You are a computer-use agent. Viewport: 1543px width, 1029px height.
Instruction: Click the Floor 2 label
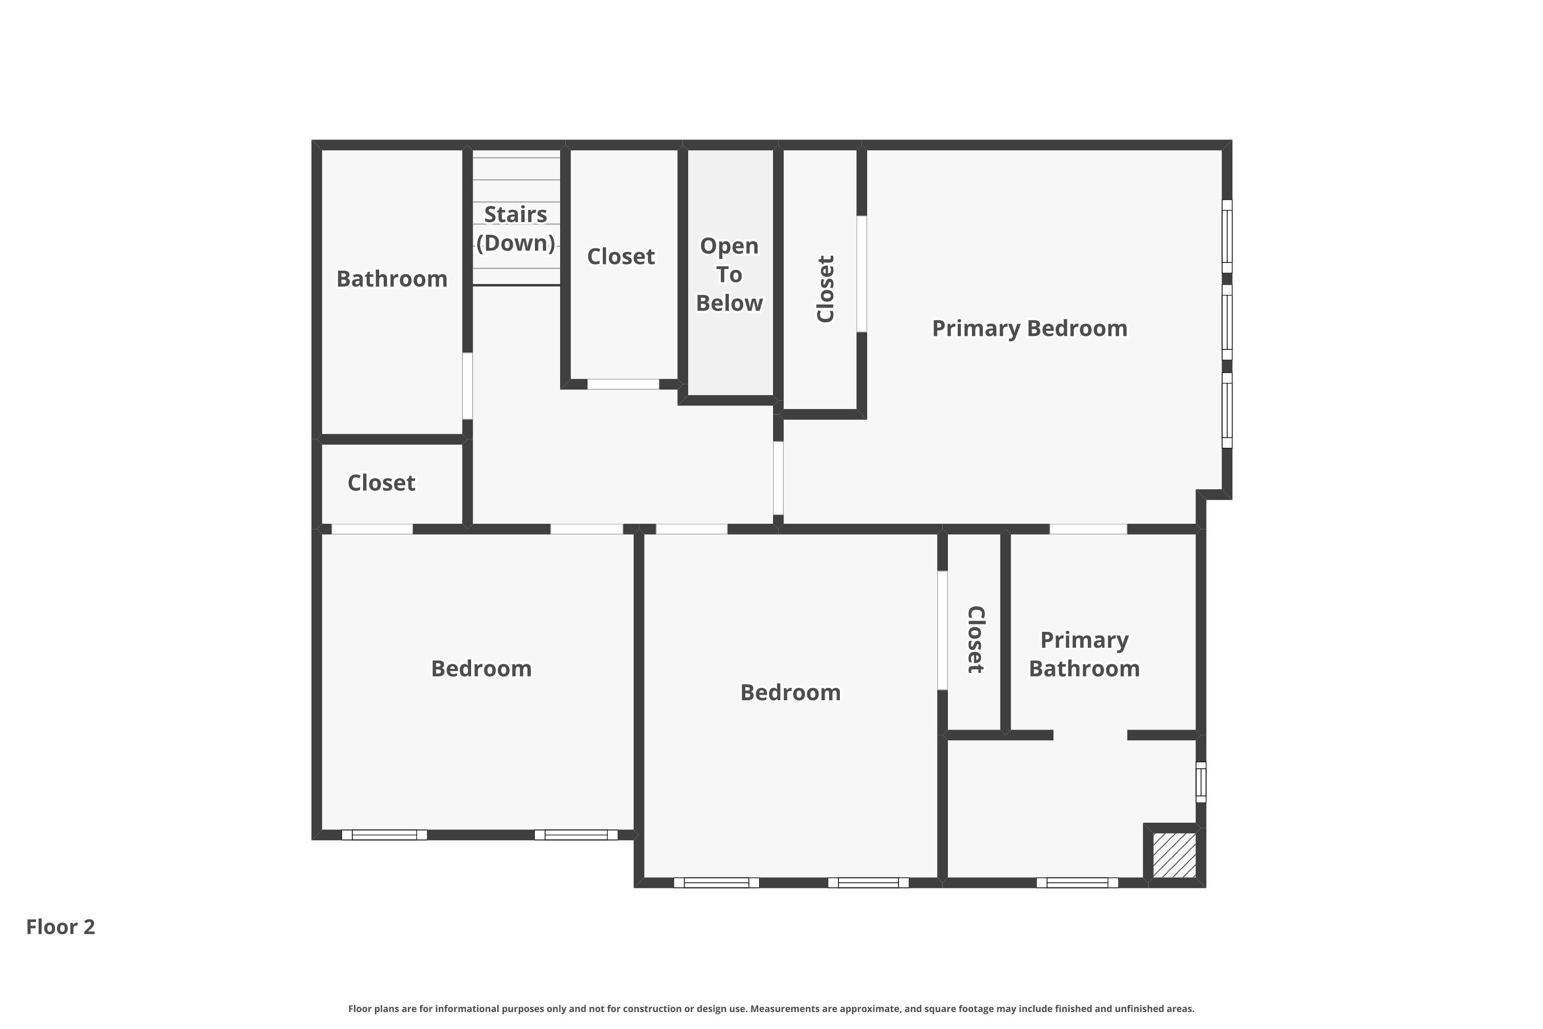click(x=60, y=927)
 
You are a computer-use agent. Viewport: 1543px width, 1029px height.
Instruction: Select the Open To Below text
click(x=729, y=274)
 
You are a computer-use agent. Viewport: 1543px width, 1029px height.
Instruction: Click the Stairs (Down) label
click(x=516, y=228)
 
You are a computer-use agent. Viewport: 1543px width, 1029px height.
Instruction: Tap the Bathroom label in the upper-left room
click(x=391, y=279)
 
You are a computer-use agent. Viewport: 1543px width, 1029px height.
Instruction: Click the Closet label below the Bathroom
click(x=381, y=483)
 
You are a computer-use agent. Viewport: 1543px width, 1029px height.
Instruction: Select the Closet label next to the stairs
click(x=621, y=257)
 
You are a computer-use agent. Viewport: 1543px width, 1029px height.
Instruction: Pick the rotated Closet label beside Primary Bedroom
click(x=826, y=289)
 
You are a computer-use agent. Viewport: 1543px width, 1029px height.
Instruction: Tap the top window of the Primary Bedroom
click(x=1227, y=236)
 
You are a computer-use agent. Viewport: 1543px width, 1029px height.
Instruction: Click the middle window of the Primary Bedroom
click(x=1227, y=322)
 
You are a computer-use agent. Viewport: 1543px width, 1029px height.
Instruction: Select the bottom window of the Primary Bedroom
click(x=1227, y=410)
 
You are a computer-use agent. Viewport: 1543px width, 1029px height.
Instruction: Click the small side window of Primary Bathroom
click(x=1200, y=782)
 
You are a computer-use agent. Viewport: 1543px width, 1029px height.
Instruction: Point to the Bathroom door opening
click(x=467, y=386)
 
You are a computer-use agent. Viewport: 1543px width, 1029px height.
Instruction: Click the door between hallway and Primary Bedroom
click(x=778, y=478)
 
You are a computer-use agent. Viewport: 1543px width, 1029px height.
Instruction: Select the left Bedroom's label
click(x=481, y=669)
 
